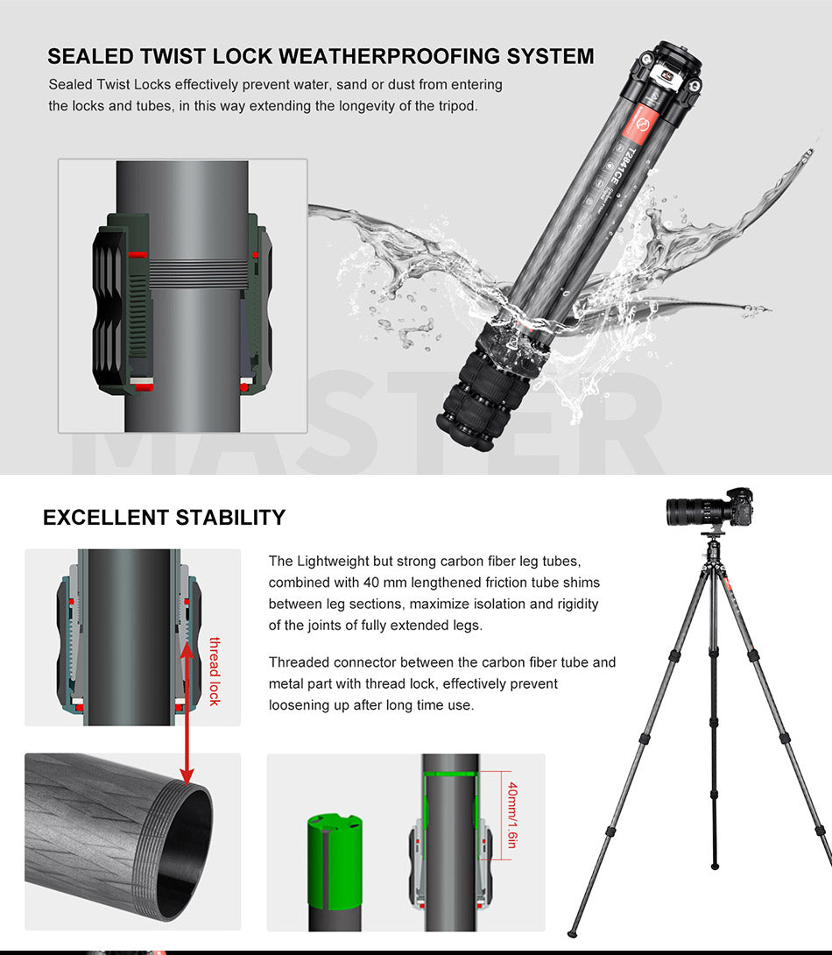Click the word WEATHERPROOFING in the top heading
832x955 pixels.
[x=390, y=56]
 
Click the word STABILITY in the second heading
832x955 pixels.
[x=230, y=517]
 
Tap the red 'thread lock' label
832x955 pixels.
[x=215, y=671]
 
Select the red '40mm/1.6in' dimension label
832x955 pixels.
[x=512, y=815]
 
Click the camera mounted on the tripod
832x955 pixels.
[x=709, y=507]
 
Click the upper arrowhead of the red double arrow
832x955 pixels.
[x=187, y=650]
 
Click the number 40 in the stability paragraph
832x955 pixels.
[x=370, y=583]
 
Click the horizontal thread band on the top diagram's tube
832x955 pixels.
[x=199, y=273]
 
